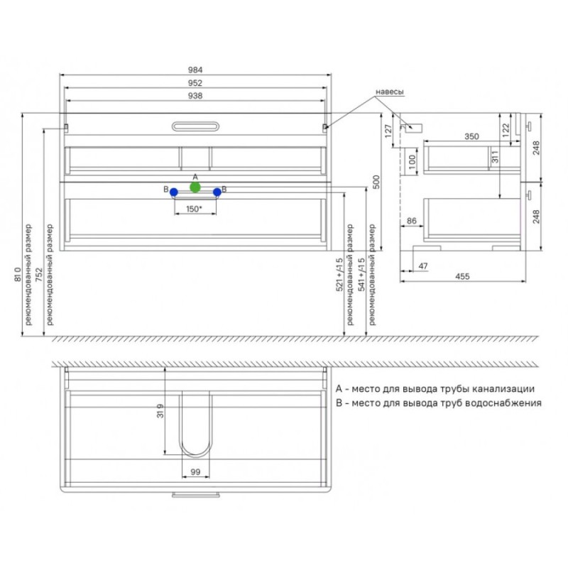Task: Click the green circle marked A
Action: (195, 187)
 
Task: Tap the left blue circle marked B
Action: (174, 192)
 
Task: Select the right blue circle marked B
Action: (217, 192)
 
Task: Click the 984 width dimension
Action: (195, 70)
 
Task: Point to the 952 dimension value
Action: (195, 83)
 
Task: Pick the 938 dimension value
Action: (195, 96)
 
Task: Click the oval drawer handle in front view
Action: (195, 126)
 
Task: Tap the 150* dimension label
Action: (194, 209)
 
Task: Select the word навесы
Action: (389, 92)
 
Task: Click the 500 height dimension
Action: (376, 182)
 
